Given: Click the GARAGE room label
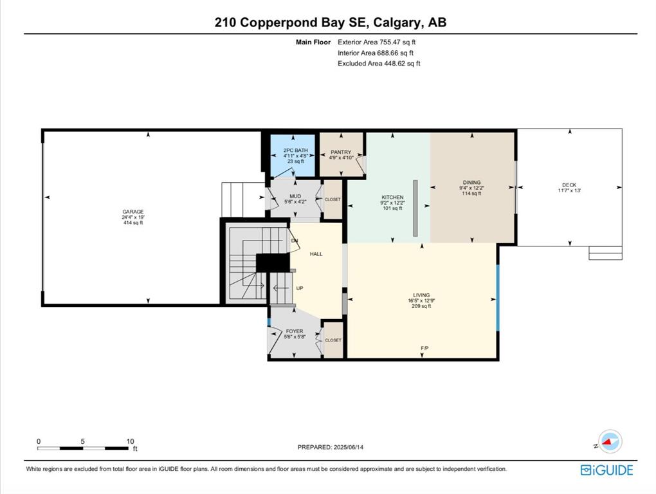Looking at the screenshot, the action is click(133, 212).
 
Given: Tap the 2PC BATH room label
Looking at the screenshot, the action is click(295, 150).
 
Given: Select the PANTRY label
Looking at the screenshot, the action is click(341, 152).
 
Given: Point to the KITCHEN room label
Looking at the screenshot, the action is click(392, 197).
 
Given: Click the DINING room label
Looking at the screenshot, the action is click(471, 183).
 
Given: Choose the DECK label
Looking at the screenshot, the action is click(569, 185).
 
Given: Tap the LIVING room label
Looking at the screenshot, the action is click(421, 295).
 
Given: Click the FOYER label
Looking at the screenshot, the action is click(295, 331).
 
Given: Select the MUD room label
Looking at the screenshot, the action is click(295, 196).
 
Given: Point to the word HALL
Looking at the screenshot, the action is click(316, 254).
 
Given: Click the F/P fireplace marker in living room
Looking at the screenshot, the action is click(424, 348).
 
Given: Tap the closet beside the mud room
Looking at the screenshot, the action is click(333, 199).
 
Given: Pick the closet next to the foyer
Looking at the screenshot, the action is click(333, 340).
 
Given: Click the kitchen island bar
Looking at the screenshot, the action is click(415, 208).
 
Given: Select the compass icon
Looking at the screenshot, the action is click(610, 442).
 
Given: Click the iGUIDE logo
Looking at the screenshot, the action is click(606, 470).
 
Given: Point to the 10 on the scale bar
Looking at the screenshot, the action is click(130, 441).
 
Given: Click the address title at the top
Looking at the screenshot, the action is click(331, 22).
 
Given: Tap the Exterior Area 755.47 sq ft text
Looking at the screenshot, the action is click(376, 42).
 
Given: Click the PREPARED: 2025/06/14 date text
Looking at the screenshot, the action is click(331, 447).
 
